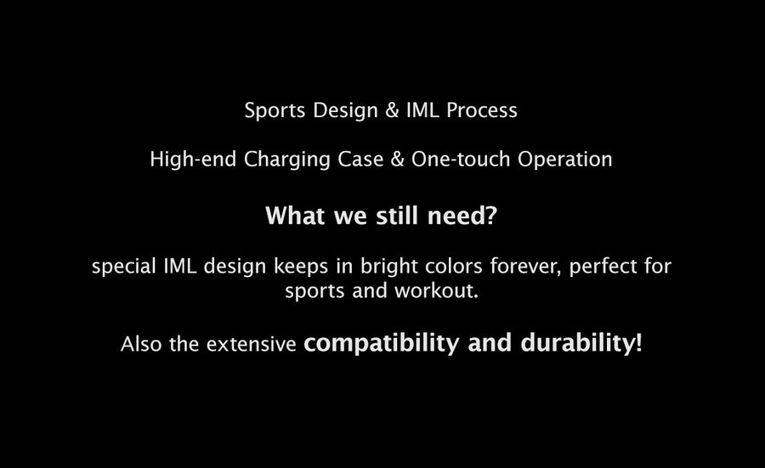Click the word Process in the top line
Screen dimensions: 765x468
coord(482,110)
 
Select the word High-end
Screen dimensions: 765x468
coord(193,159)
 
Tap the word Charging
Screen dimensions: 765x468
coord(287,160)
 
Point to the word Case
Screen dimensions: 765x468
coord(360,160)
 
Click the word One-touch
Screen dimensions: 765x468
coord(461,159)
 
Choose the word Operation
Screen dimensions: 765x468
coord(564,160)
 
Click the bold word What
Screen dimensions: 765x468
coord(296,216)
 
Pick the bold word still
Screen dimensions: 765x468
coord(397,216)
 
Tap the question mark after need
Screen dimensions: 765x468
coord(491,216)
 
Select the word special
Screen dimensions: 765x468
coord(124,267)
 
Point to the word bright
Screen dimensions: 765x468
coord(388,267)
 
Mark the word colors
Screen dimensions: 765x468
coord(454,267)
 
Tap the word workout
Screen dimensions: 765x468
coord(436,291)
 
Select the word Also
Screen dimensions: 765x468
coord(141,344)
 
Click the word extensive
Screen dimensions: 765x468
coord(252,344)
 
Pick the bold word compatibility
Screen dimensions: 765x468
coord(382,343)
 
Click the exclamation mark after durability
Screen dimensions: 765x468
coord(638,342)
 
